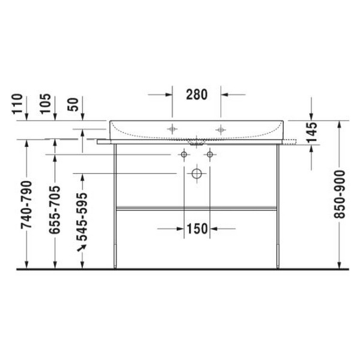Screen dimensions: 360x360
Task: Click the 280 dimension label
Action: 197,94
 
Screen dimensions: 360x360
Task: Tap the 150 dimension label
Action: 197,229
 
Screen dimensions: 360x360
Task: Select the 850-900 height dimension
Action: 340,194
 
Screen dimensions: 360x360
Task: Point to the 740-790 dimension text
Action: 26,205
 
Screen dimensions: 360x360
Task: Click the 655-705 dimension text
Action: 55,210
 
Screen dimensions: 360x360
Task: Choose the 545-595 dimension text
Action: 82,217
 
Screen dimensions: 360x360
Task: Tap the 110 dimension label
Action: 17,104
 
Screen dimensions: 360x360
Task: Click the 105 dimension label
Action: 46,104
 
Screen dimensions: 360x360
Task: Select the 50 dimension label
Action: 73,104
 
